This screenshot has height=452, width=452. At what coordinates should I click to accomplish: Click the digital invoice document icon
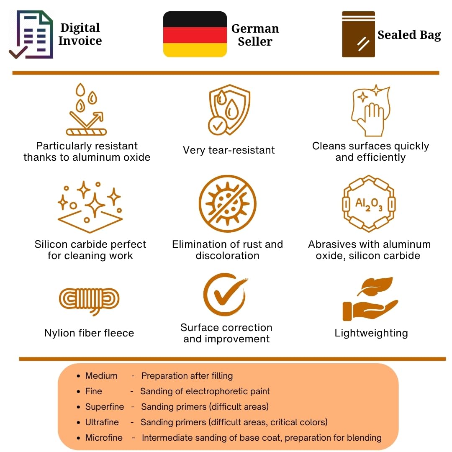coord(31,35)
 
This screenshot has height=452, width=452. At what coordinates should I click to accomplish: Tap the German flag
coord(195,34)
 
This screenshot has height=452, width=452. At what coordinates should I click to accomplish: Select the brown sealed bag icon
coord(358,34)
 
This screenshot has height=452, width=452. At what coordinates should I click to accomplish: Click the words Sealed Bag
coord(409,35)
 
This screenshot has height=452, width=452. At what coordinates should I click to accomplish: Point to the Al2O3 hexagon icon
coord(369,203)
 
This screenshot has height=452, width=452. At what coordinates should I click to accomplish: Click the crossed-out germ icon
coord(227,203)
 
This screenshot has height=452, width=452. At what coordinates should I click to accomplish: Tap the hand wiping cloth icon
coord(371,110)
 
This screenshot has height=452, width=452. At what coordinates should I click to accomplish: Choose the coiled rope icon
coord(89,300)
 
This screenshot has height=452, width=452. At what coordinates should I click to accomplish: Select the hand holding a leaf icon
coord(370,299)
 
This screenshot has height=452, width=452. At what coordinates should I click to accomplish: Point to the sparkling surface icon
coord(90,207)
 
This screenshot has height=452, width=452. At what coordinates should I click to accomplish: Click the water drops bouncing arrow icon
coord(87,109)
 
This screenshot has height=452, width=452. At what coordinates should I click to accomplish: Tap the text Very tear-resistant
coord(229,150)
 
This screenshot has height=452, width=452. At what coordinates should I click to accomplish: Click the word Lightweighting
coord(371,333)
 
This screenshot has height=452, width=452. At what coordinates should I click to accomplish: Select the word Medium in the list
coord(101,376)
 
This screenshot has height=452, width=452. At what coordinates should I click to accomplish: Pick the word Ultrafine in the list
coord(102,422)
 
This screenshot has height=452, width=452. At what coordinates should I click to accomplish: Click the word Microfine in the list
coord(104,438)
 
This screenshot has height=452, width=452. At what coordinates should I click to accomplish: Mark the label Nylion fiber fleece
coord(89,333)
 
